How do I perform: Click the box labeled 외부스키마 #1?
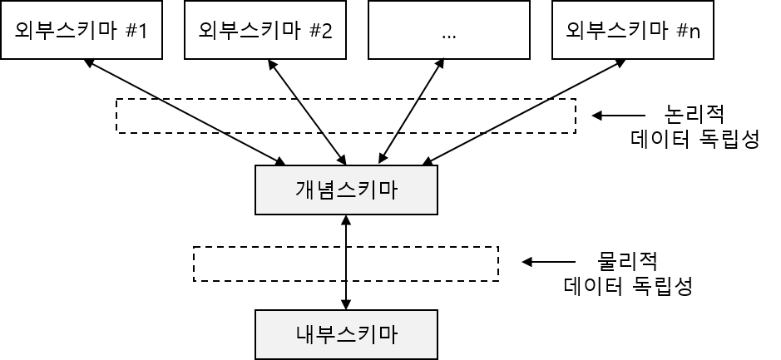point(82,30)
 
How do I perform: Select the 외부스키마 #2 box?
point(265,30)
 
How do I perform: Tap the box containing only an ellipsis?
point(449,30)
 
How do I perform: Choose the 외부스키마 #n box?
point(633,30)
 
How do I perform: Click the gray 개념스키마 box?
point(346,190)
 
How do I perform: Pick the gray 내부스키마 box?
point(346,334)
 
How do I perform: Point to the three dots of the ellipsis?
point(449,37)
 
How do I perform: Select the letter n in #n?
point(694,32)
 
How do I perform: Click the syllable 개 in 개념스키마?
point(304,190)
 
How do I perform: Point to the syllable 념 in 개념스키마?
point(325,190)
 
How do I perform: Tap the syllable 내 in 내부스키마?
point(304,334)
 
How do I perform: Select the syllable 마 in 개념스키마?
point(388,190)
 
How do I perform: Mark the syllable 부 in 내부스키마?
point(325,334)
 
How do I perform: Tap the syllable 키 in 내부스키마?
point(367,334)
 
